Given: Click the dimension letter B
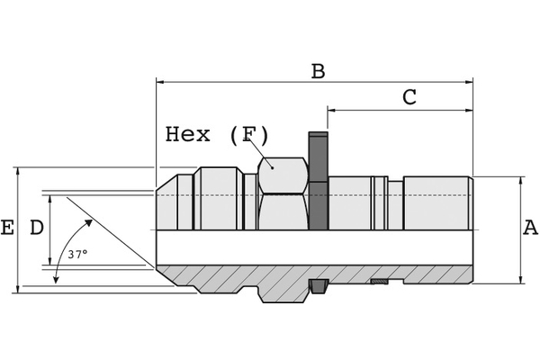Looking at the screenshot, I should [318, 71].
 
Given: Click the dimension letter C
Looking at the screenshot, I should [409, 98].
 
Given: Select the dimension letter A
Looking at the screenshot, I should [530, 228].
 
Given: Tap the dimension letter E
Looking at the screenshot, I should [7, 228].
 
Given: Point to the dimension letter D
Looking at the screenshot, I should [37, 228].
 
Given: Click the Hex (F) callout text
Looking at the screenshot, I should [217, 135].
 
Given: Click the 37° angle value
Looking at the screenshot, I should [77, 254].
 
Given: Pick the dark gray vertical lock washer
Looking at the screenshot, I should [318, 180].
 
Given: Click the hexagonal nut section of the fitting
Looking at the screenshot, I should [283, 193].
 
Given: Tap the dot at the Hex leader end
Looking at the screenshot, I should [271, 166].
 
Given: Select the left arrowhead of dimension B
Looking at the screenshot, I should [161, 82].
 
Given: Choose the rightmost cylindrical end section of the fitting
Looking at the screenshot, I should [436, 203].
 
